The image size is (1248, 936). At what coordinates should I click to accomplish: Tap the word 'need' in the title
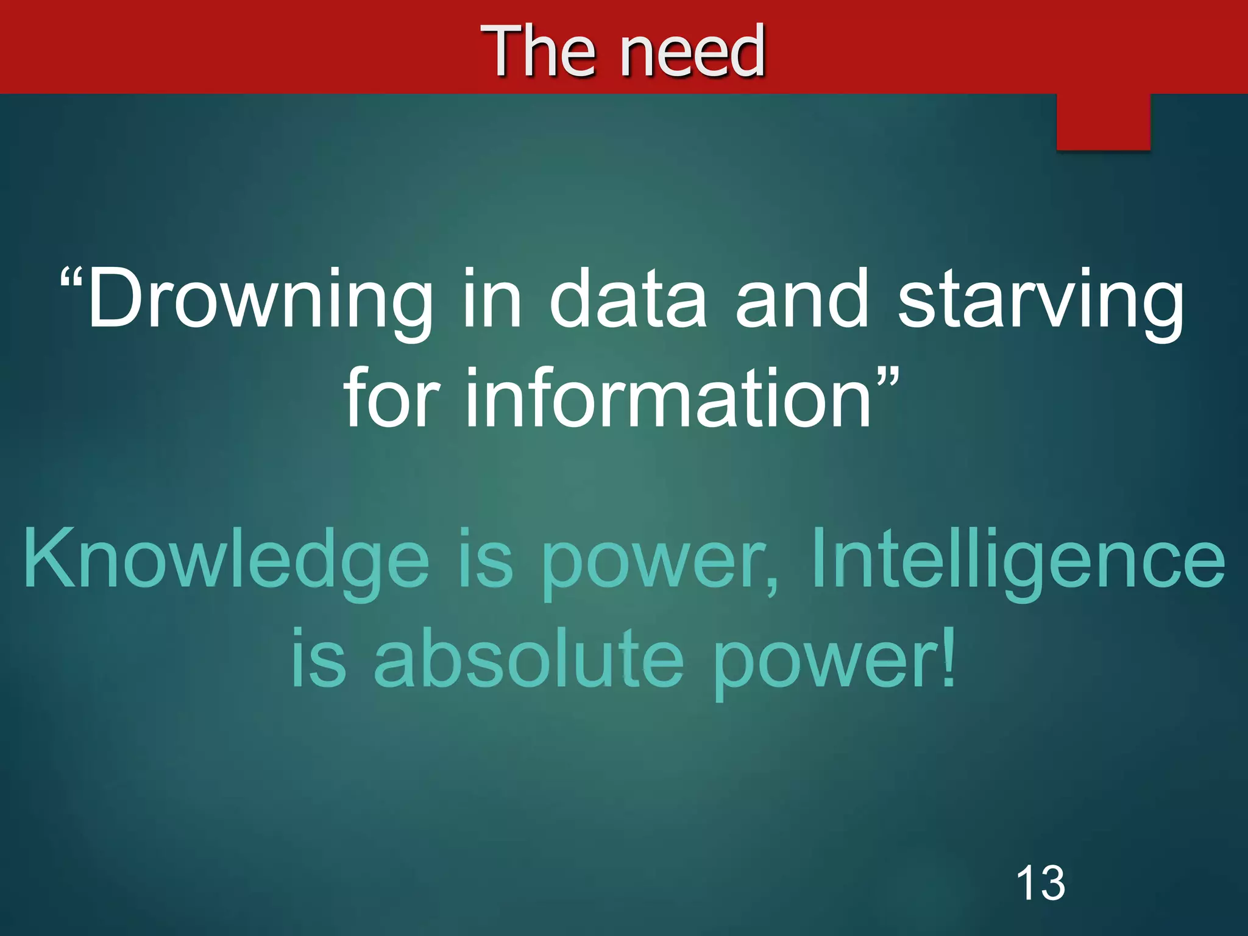point(692,52)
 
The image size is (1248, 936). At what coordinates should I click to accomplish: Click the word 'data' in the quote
point(628,299)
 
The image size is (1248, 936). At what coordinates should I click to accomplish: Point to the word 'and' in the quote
point(802,299)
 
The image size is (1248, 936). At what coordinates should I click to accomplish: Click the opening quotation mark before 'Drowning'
point(71,280)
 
